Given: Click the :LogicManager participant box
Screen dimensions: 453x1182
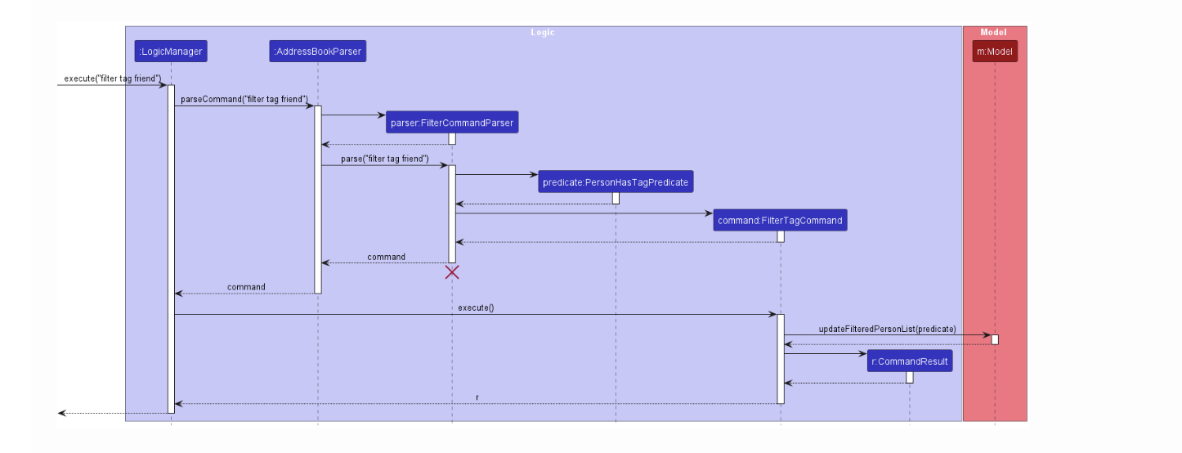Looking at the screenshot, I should coord(171,52).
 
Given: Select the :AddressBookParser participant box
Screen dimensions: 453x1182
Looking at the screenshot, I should coord(317,52).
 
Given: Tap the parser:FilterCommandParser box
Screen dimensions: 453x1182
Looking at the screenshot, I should coord(452,123).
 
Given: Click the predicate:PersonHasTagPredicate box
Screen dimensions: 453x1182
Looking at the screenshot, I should coord(616,182).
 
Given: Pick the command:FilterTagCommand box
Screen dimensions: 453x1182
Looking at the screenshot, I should coord(780,221).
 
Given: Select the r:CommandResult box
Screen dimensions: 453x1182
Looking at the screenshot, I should coord(910,361).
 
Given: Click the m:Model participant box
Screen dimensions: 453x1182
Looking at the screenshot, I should coord(995,52).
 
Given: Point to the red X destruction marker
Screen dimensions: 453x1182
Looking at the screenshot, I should coord(452,272).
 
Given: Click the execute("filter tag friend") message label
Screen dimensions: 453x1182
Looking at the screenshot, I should coord(112,78).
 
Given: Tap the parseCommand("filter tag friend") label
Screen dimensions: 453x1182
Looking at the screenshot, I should coord(244,99).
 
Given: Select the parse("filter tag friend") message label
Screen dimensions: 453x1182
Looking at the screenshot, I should coord(385,159).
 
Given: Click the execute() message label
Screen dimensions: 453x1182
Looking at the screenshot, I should coord(476,307).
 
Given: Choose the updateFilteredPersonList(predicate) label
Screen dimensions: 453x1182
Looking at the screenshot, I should coord(887,329).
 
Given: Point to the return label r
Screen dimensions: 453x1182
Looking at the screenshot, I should coord(477,397).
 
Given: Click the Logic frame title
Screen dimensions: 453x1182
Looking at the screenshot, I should coord(542,33).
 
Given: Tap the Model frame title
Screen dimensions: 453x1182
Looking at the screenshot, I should coord(993,33).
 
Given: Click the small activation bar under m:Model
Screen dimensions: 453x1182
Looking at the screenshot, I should coord(995,339).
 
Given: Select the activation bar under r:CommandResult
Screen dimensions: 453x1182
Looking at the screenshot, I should coord(910,377).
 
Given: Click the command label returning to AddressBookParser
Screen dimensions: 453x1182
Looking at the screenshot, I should coord(386,257).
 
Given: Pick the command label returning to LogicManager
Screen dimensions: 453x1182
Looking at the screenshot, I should coord(246,287).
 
